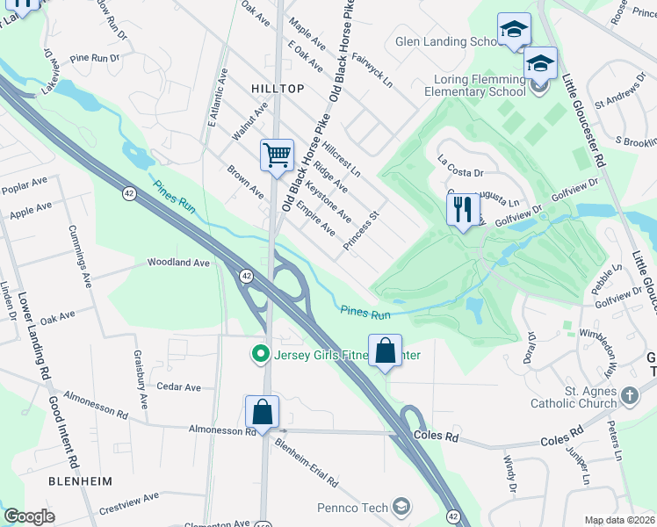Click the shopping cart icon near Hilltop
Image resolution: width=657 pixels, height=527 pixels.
pyautogui.click(x=277, y=155)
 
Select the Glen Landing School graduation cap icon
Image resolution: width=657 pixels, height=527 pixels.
pyautogui.click(x=514, y=30)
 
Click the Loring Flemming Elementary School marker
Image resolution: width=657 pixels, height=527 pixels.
pyautogui.click(x=540, y=64)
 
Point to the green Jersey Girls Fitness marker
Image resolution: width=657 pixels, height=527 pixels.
pyautogui.click(x=259, y=355)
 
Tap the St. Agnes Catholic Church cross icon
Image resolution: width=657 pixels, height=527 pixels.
pyautogui.click(x=629, y=395)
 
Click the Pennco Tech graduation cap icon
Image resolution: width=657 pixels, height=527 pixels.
pyautogui.click(x=401, y=507)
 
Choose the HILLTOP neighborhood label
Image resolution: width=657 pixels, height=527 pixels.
pyautogui.click(x=278, y=89)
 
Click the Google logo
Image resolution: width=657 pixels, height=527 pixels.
pyautogui.click(x=29, y=516)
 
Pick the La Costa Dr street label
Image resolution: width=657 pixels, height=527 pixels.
pyautogui.click(x=461, y=167)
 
